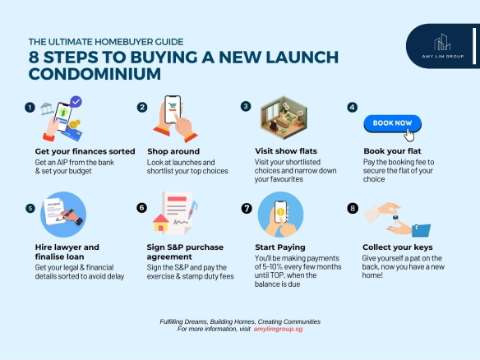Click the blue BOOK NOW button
tap(392, 123)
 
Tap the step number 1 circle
tap(30, 108)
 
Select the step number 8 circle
tap(353, 209)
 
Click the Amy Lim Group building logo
tap(442, 42)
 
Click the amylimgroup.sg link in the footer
tap(278, 329)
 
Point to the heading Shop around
tap(173, 151)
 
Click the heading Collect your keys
tap(397, 247)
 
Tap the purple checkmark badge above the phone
tap(76, 102)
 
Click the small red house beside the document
tap(161, 222)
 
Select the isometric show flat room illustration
tap(284, 118)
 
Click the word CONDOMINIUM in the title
tap(95, 74)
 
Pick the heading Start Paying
tap(280, 247)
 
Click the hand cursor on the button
tap(409, 135)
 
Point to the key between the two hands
tap(395, 219)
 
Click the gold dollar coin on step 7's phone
tap(280, 211)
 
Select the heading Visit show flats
tap(286, 151)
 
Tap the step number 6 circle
tap(141, 208)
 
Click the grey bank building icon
tap(47, 108)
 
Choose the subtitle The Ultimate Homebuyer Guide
tap(106, 42)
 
